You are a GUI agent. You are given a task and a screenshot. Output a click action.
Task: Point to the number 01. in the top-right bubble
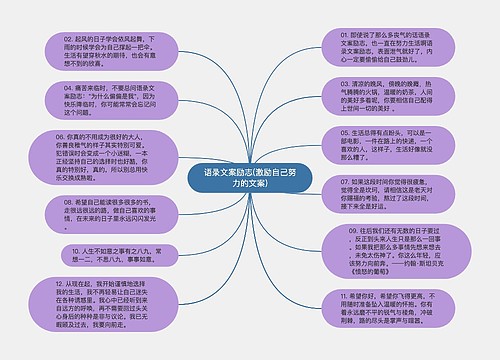(330, 32)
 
